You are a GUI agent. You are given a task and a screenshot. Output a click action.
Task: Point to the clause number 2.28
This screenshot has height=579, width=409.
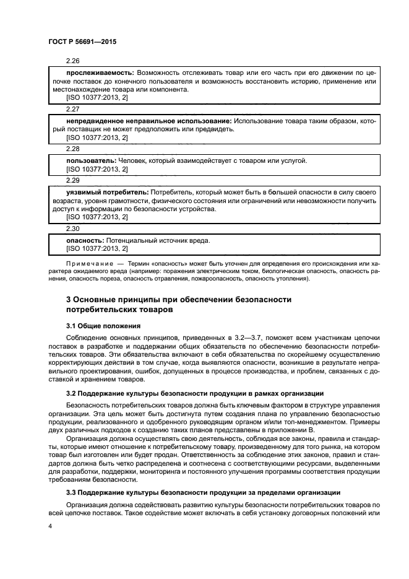pos(73,149)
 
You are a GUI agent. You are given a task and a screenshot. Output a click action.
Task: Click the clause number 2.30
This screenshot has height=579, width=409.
pos(73,228)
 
